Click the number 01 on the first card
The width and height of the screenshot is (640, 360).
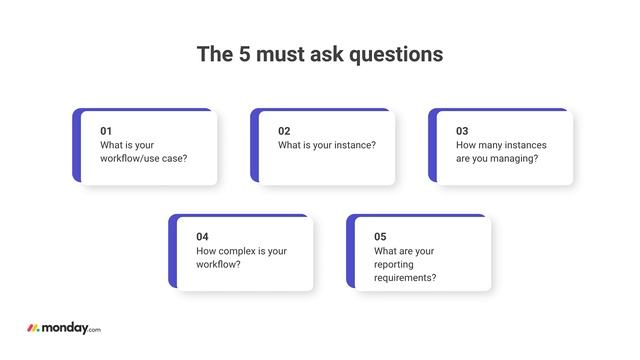coord(106,131)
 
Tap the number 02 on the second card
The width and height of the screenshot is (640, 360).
coord(284,131)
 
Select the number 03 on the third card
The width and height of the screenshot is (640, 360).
coord(462,131)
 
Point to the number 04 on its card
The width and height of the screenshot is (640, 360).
coord(202,237)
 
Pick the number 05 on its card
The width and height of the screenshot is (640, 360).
coord(380,237)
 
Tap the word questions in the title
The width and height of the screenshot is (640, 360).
coord(394,54)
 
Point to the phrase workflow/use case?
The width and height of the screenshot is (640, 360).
coord(143,158)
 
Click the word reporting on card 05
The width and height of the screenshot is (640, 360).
coord(396,264)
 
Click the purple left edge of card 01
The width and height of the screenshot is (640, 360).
coord(76,146)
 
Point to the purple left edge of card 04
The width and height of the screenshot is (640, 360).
coord(172,252)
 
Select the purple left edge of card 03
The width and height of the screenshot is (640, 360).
coord(432,146)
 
